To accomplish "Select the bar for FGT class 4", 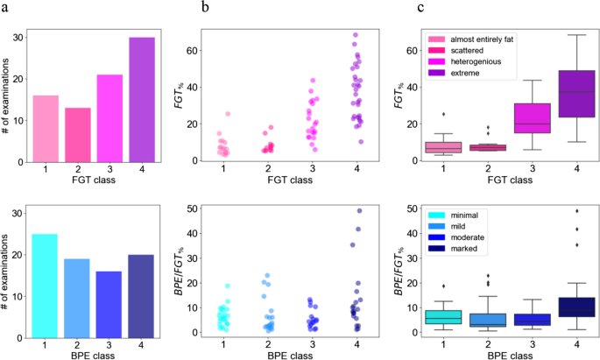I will click(142, 100).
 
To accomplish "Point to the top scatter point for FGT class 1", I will click(229, 114).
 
